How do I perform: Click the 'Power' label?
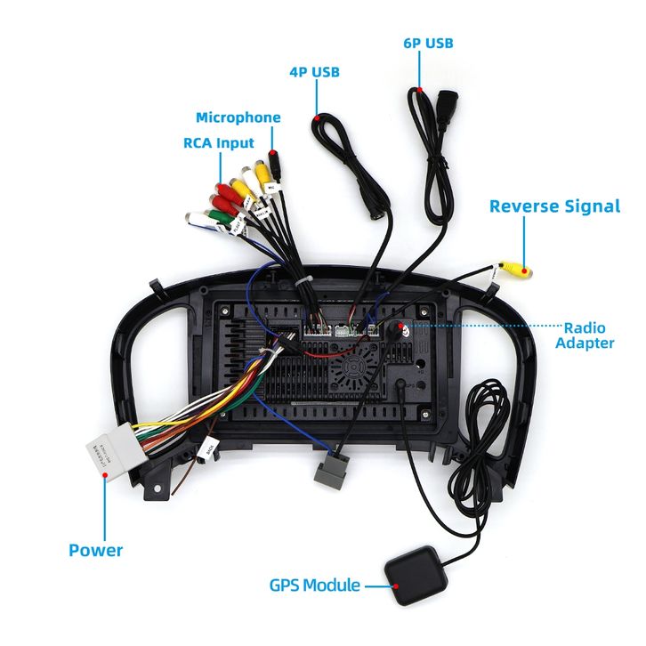coord(96,550)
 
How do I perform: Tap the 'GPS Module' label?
coord(314,585)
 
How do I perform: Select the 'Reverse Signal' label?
coord(553,206)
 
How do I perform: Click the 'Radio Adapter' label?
coord(585,335)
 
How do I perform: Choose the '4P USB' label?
coord(313,72)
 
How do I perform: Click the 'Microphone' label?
coord(238,117)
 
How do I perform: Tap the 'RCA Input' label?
coord(218,142)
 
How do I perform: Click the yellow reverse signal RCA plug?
coord(514,267)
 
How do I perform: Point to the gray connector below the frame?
coord(332,471)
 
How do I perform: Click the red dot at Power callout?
coord(105,476)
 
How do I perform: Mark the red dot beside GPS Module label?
coord(393,585)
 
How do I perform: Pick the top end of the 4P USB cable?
coord(317,116)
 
